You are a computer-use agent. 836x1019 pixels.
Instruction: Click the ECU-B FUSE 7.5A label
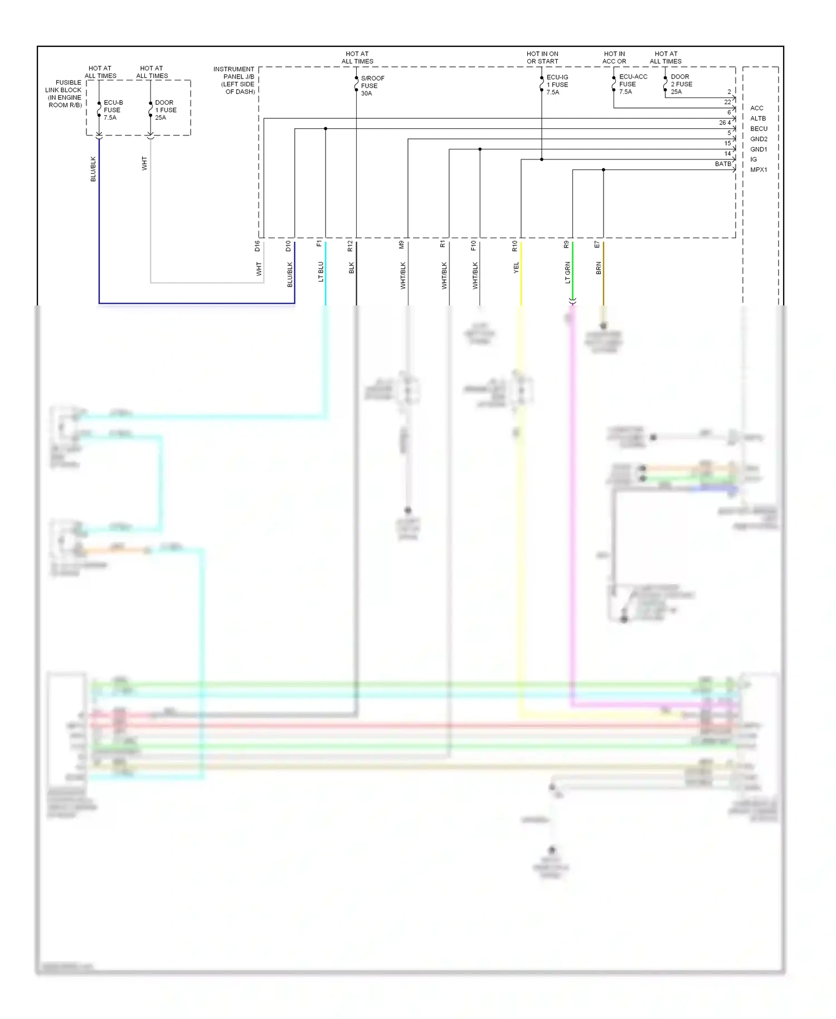[x=113, y=110]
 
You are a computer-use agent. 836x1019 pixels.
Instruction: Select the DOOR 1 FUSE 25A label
[x=165, y=110]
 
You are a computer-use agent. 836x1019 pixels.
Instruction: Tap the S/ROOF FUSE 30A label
[x=372, y=86]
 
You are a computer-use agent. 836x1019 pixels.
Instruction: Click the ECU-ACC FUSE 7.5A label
[x=633, y=84]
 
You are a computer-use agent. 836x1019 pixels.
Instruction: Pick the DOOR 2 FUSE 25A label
[x=681, y=84]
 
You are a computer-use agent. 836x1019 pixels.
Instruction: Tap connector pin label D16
[x=257, y=246]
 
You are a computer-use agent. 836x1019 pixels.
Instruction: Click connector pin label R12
[x=350, y=246]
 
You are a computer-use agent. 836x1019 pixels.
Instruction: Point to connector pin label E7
[x=597, y=245]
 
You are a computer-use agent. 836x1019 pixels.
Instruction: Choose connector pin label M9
[x=401, y=245]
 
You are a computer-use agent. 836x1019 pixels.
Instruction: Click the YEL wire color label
[x=516, y=268]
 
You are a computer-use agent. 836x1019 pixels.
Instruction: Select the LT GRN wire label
[x=568, y=273]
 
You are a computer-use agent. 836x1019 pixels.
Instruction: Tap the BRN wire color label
[x=599, y=268]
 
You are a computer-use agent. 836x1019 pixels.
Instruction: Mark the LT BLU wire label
[x=320, y=271]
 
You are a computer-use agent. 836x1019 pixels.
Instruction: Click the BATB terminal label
[x=722, y=164]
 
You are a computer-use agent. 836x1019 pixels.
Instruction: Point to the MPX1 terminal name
[x=758, y=170]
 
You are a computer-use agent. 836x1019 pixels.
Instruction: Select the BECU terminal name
[x=758, y=129]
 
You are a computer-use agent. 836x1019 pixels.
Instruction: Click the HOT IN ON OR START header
[x=542, y=58]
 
